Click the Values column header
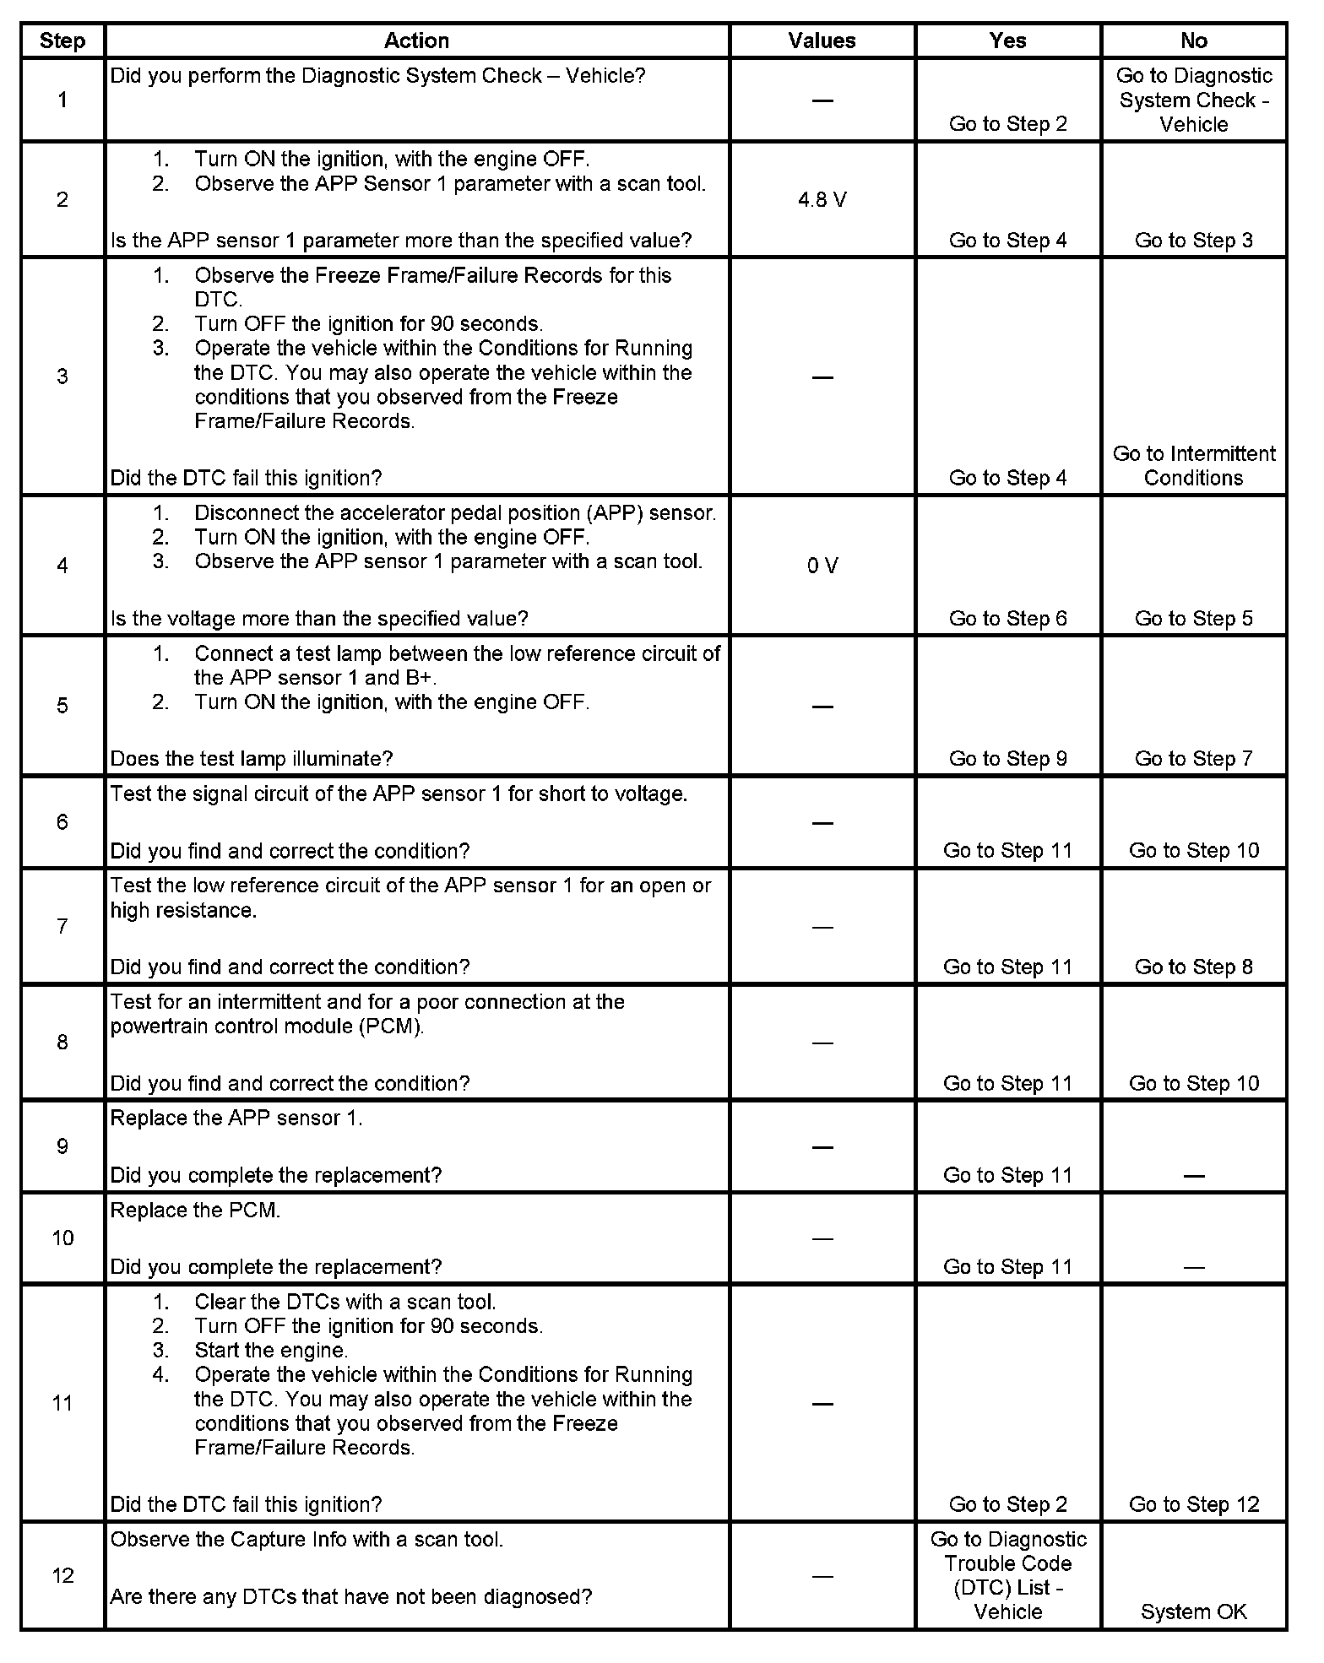822,41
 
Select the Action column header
416,41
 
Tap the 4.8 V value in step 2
822,200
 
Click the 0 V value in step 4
822,566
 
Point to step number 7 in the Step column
62,927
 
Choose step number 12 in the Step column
62,1576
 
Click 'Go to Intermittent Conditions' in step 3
1193,466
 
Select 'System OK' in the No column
1193,1612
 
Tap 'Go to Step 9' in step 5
1007,758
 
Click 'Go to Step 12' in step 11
1193,1504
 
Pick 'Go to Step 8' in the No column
1193,967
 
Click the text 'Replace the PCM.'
195,1210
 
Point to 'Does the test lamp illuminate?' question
252,758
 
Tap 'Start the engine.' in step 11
271,1350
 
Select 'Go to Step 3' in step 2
1193,241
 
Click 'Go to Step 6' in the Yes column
1007,618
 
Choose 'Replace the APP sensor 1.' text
236,1118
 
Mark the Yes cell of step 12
1007,1575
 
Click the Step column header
62,41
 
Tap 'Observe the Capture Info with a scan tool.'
307,1539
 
